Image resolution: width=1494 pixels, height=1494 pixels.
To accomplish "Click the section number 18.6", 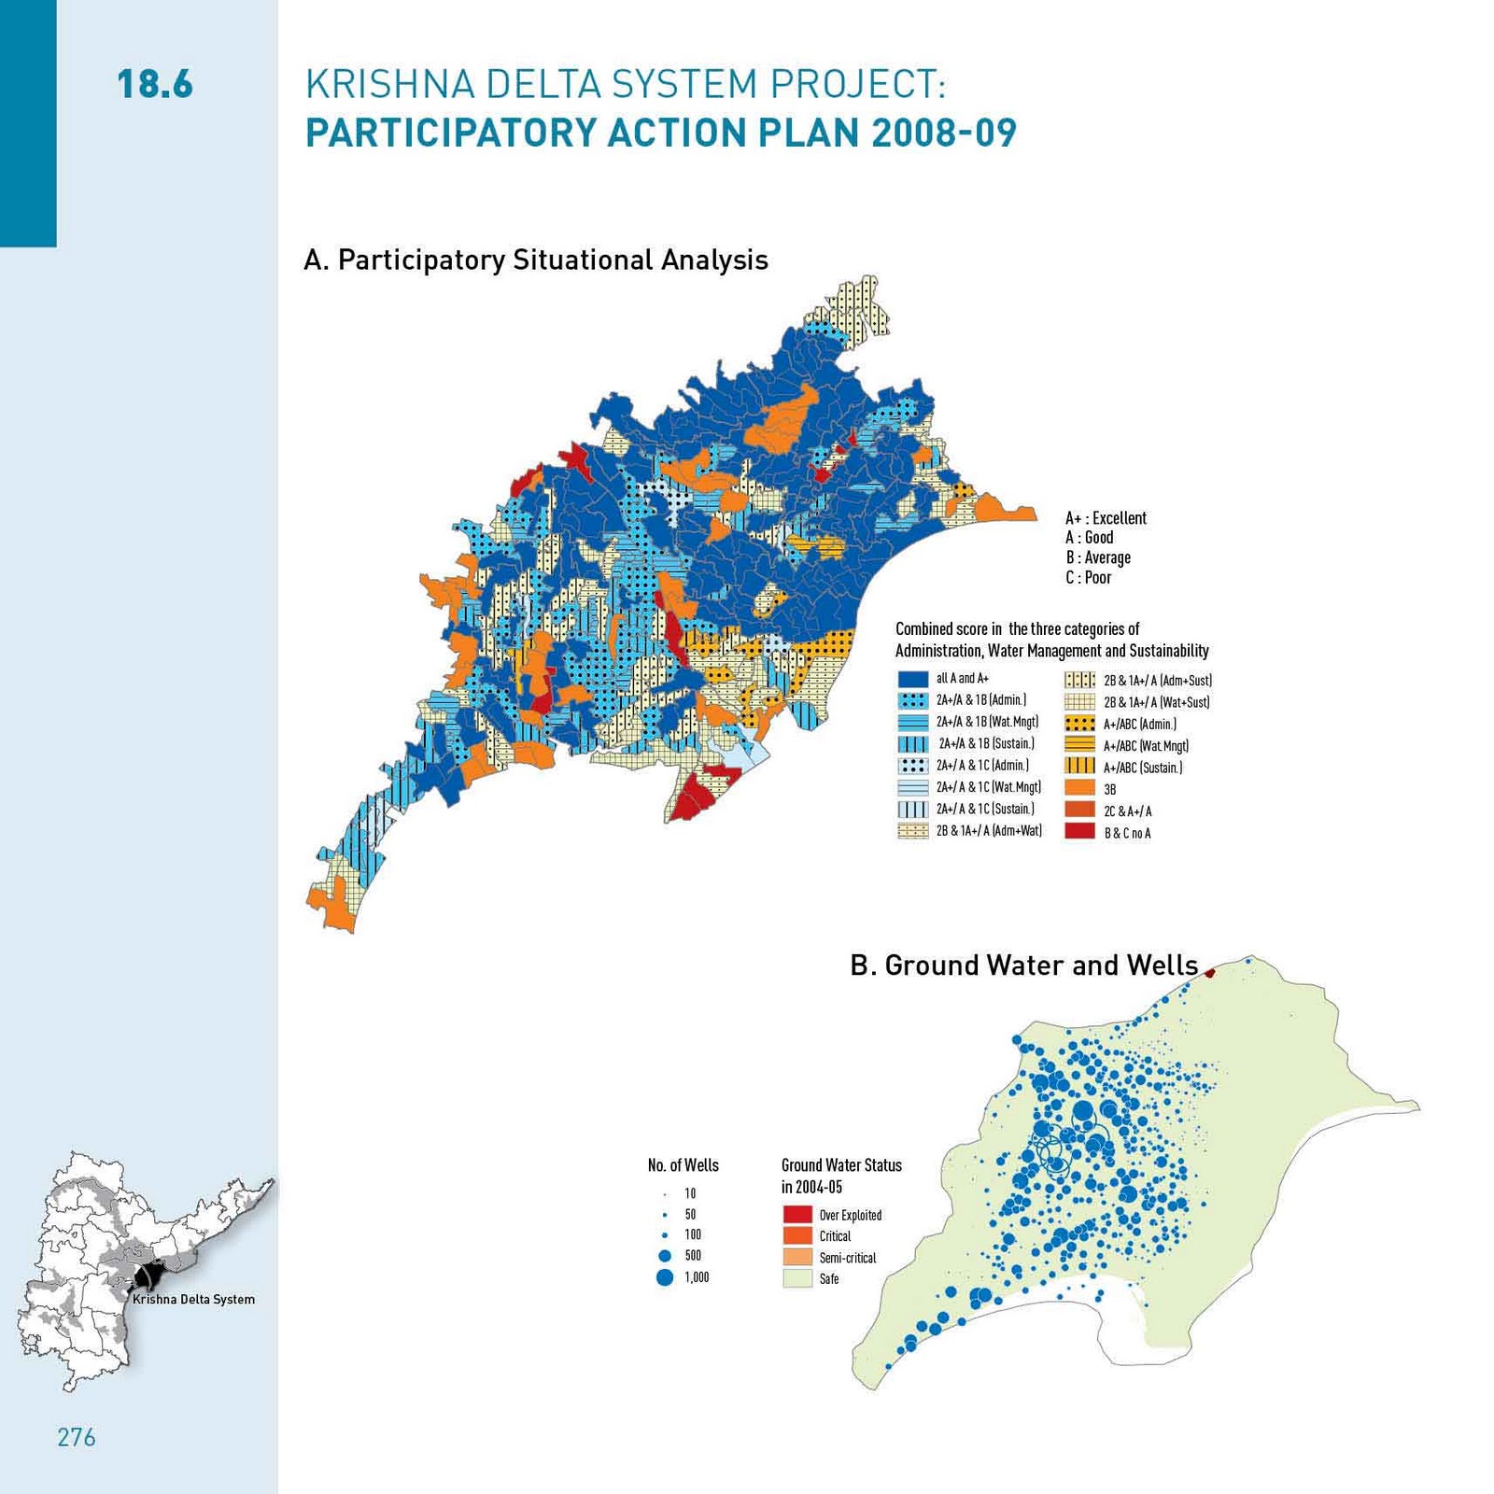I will [155, 84].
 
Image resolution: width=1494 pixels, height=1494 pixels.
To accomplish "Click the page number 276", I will [77, 1437].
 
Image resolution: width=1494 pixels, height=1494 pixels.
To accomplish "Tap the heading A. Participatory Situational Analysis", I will [535, 260].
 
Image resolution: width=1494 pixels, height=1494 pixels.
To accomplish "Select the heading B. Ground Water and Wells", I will [1023, 965].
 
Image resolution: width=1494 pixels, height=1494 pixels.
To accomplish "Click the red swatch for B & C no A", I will [1079, 831].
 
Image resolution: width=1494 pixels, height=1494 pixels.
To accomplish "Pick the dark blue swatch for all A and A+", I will [912, 679].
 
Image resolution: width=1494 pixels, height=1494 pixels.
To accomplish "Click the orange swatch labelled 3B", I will [1079, 788].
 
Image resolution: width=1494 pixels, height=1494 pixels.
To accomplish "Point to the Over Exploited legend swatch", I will [796, 1215].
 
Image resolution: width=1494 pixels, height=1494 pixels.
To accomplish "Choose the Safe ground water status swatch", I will [796, 1278].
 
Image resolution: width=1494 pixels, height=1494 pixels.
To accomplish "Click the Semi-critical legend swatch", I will [796, 1257].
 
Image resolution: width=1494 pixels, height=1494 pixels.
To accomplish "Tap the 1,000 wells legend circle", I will [665, 1277].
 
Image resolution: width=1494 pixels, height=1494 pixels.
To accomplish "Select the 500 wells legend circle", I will [665, 1256].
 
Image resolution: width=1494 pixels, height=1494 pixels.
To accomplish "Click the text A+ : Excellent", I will [1106, 518].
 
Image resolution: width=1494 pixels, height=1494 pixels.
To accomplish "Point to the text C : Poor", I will [1089, 578].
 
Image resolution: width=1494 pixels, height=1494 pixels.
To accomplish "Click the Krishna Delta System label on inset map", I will [193, 1299].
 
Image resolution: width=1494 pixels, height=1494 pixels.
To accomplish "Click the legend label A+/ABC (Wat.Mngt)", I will [1146, 745].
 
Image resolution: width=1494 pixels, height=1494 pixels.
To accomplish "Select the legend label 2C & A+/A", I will [1127, 810].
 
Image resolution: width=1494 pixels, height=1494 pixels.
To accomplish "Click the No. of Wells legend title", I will [683, 1165].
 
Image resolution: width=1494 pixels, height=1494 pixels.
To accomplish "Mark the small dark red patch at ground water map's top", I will [1209, 973].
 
